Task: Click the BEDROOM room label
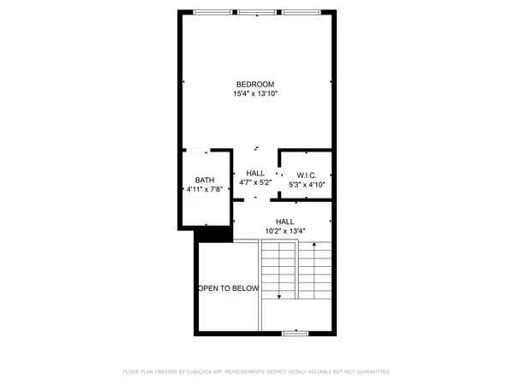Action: point(255,83)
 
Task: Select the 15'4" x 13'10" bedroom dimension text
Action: point(255,93)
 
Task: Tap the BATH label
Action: point(205,180)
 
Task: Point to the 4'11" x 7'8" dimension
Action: point(205,189)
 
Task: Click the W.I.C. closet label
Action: point(307,175)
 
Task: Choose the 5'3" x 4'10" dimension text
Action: point(307,184)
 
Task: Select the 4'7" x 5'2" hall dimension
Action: point(255,182)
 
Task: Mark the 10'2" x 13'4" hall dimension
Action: point(285,230)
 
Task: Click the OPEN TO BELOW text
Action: point(229,288)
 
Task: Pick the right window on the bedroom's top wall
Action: point(302,12)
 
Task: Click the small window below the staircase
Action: point(296,331)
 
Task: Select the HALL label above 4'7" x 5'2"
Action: point(255,173)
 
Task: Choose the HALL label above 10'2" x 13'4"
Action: point(285,221)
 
